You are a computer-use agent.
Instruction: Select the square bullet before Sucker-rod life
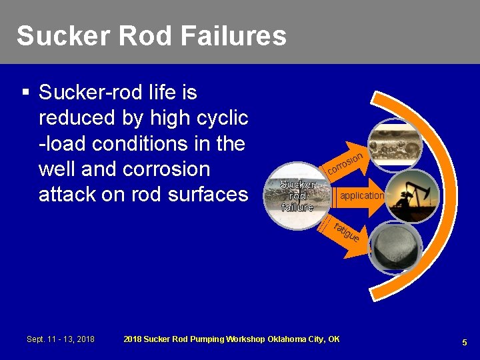pos(25,92)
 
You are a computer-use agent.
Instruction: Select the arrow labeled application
pos(361,196)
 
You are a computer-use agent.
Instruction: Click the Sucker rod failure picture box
pos(297,195)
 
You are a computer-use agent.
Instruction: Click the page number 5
pos(465,342)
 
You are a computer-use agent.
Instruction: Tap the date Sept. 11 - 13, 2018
pos(61,339)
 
